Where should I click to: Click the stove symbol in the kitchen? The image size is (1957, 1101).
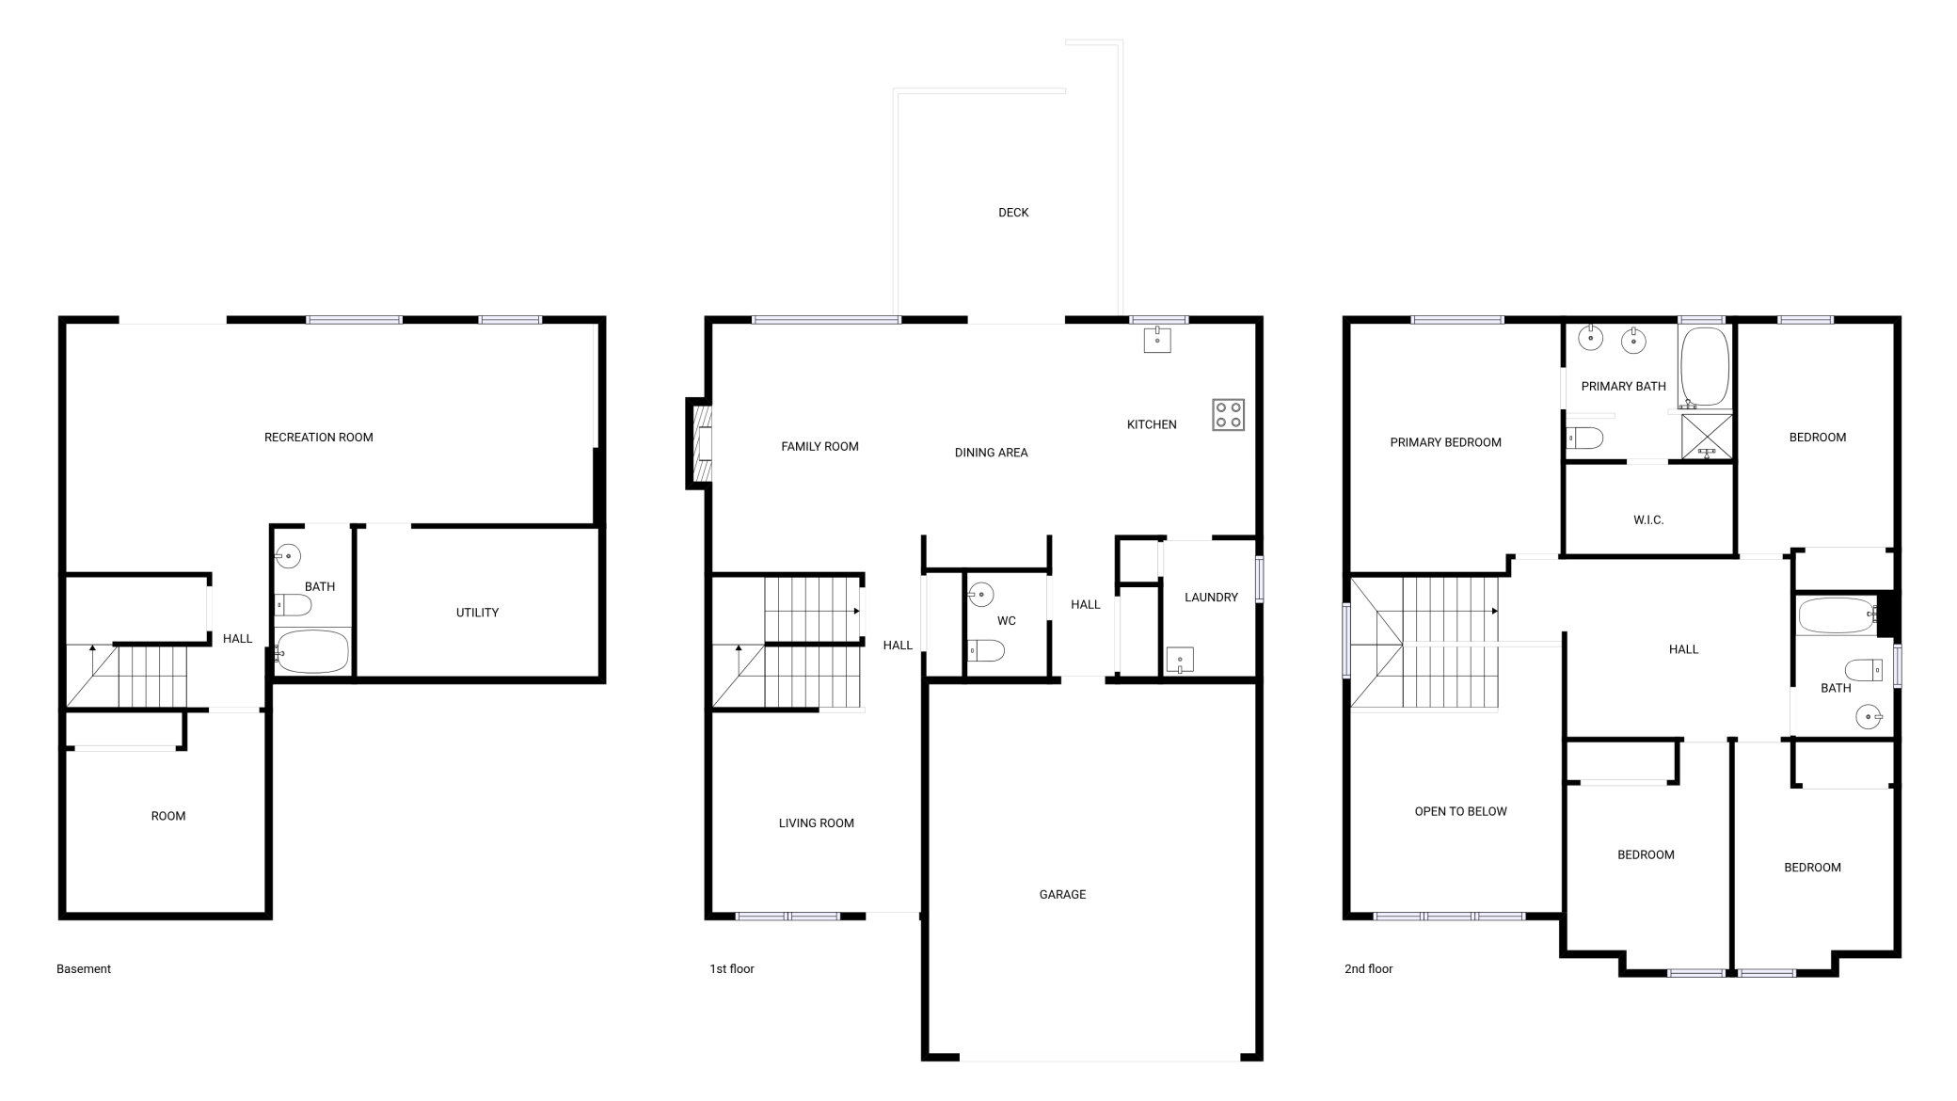click(1228, 415)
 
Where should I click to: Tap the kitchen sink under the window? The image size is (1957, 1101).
click(1157, 340)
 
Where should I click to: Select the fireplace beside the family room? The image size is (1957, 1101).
click(699, 443)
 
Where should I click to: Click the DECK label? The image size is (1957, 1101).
click(1013, 213)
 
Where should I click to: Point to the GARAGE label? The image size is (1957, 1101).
click(1062, 895)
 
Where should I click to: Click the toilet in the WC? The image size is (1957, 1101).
click(985, 650)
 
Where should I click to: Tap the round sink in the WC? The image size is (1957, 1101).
click(981, 595)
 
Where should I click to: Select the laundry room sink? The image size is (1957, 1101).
click(1180, 660)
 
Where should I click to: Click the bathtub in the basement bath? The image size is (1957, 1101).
click(312, 651)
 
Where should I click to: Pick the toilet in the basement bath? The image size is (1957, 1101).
click(293, 604)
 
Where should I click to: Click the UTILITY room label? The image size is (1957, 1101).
click(477, 613)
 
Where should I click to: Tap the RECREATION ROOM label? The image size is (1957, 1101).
click(319, 438)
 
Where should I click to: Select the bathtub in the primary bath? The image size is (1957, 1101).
click(1705, 367)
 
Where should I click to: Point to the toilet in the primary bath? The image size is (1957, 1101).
click(1585, 438)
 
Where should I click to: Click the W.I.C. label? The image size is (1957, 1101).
click(1648, 520)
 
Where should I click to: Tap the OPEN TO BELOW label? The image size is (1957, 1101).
click(1460, 812)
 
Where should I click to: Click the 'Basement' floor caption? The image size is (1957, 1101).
click(84, 969)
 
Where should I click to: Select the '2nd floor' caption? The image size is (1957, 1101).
click(1368, 969)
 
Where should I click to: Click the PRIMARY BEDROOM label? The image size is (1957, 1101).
click(1445, 443)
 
